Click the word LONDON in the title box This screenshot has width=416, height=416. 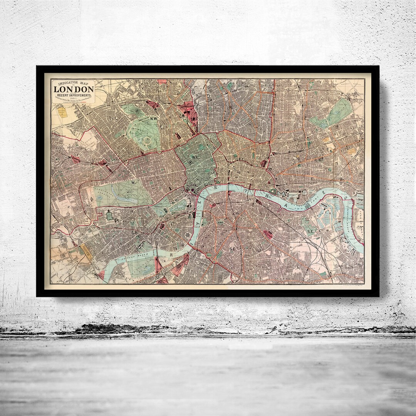(73, 89)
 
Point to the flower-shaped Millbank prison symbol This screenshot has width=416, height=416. (188, 236)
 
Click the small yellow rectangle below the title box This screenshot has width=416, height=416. (62, 112)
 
